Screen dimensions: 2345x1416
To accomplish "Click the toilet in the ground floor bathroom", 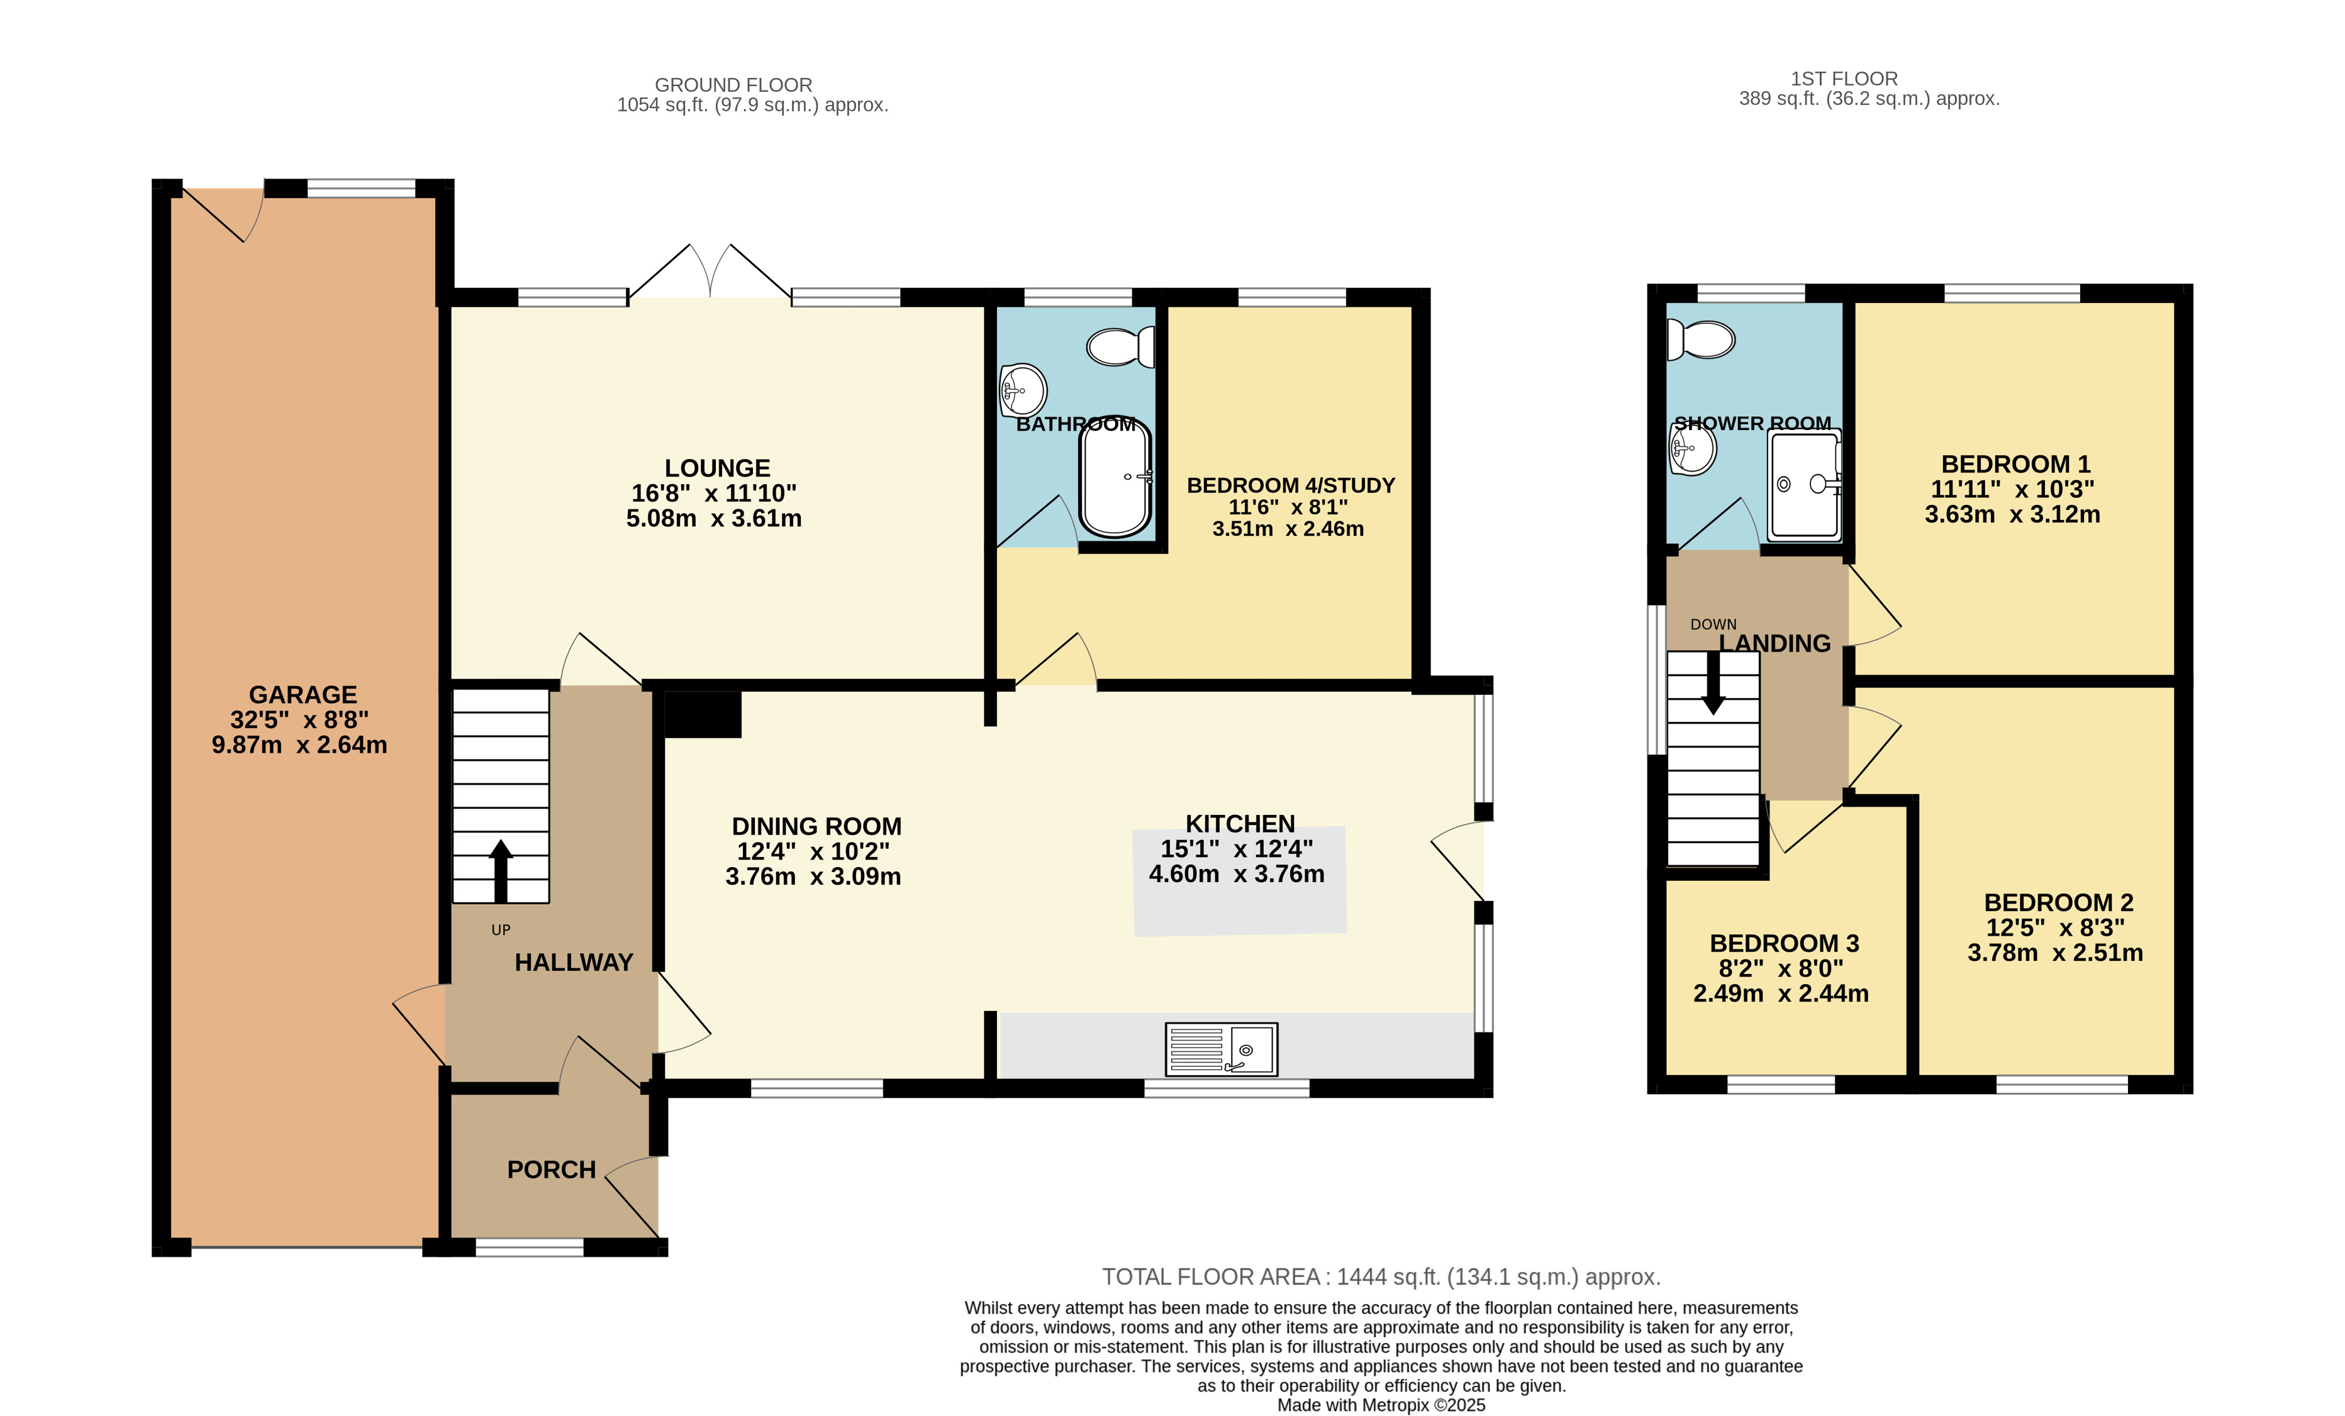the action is (x=1120, y=347).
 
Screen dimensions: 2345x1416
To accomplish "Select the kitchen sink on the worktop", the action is (x=1221, y=1049).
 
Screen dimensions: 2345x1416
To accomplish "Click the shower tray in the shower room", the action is (x=1805, y=484).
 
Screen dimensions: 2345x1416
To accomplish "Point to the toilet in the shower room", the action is (x=1701, y=340).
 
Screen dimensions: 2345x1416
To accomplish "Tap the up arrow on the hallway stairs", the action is (x=501, y=871).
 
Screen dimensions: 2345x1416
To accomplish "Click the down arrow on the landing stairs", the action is (x=1713, y=682).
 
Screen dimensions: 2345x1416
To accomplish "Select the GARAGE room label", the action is (x=303, y=695).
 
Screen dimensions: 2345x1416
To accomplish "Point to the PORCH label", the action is (x=551, y=1170).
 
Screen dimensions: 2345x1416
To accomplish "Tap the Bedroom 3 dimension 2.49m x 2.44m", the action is (x=1781, y=993).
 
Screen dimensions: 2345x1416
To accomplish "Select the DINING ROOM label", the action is (x=816, y=826).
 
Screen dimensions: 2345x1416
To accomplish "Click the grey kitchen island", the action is (x=1239, y=881).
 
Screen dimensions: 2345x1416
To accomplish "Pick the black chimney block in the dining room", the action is (x=703, y=714).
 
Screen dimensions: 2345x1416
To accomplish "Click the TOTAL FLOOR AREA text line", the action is (x=1381, y=1277).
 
